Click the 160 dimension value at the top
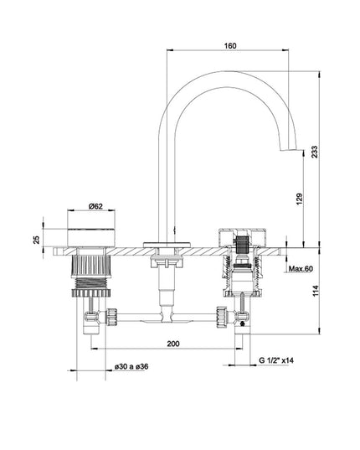(230, 45)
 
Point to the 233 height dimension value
(315, 152)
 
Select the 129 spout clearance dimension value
(299, 199)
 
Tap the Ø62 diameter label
(95, 206)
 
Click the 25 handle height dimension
(37, 240)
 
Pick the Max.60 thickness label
(301, 269)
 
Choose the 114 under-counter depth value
(316, 291)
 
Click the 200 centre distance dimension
(173, 344)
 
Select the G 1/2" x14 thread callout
(276, 360)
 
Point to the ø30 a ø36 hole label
(131, 366)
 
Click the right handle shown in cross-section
(243, 238)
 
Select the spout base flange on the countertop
(167, 245)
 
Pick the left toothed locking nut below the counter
(91, 292)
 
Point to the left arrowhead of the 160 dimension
(170, 50)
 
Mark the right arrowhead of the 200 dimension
(239, 349)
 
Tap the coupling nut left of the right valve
(222, 317)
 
